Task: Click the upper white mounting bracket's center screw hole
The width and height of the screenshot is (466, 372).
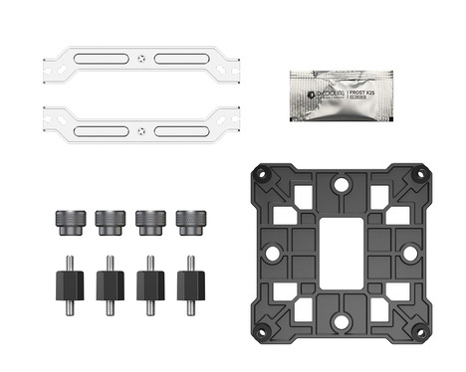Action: click(x=145, y=58)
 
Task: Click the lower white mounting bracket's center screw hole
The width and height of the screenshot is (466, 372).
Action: click(x=145, y=131)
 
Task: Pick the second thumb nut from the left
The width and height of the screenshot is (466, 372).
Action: click(x=108, y=220)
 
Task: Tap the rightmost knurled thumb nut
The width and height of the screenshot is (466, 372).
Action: click(x=187, y=220)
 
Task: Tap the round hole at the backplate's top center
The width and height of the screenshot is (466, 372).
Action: click(x=340, y=183)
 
